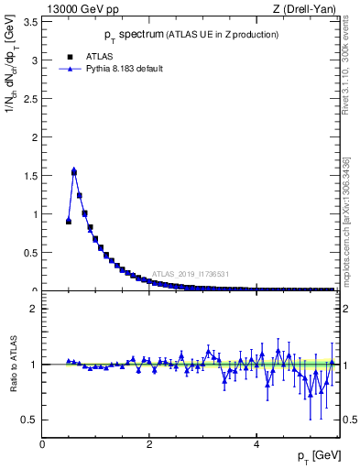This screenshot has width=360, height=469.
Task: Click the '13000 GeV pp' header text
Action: click(71, 9)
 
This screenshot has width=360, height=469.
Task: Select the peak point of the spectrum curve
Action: click(74, 170)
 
